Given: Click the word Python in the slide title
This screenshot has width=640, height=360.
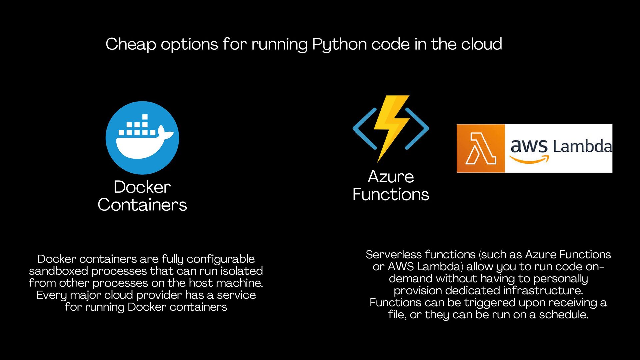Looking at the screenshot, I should [339, 44].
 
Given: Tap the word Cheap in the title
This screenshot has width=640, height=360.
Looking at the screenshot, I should [131, 44].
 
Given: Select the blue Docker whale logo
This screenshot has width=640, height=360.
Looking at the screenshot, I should [142, 138].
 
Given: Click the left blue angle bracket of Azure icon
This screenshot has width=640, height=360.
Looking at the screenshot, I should [365, 128].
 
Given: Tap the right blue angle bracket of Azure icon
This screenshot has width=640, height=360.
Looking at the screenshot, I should [417, 128].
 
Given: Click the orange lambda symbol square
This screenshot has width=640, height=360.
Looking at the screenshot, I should [480, 148].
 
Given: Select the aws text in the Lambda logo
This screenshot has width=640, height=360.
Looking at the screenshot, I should [529, 147].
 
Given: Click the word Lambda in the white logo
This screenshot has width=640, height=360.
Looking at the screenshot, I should [582, 146].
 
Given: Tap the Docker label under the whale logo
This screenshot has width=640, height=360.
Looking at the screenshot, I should [142, 187].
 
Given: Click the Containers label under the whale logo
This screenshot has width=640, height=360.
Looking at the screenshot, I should [142, 205].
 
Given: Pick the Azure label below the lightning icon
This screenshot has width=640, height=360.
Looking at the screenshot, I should [391, 177].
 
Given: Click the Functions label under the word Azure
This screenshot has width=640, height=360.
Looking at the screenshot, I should [391, 194].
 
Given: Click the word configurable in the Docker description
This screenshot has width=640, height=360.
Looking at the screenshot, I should [221, 259].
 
